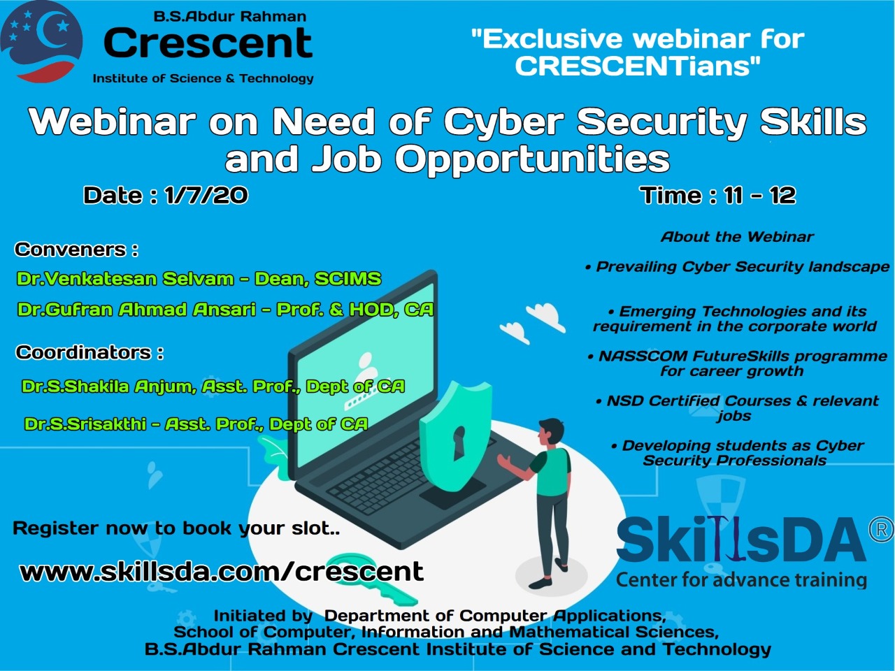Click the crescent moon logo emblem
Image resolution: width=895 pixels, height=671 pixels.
tap(41, 41)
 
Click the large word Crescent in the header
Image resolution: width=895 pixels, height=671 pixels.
tap(208, 43)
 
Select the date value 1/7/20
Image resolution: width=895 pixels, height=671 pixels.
tap(206, 195)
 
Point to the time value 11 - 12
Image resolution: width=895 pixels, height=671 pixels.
tap(760, 195)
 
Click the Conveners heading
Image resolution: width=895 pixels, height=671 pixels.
tap(76, 250)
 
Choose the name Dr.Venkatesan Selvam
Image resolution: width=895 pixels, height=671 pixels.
tap(124, 279)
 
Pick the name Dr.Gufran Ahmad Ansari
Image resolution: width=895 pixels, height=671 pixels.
tap(136, 310)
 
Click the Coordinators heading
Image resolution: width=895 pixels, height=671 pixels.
tap(89, 352)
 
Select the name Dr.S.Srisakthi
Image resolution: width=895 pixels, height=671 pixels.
tap(85, 424)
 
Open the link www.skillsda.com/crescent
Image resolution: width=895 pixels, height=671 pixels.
tap(222, 571)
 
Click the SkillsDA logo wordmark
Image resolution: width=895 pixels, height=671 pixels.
tap(741, 539)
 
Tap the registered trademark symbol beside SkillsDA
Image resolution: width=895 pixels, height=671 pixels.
tap(882, 529)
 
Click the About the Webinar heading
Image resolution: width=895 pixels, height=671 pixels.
tap(737, 237)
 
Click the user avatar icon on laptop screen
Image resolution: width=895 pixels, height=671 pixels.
tap(366, 366)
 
